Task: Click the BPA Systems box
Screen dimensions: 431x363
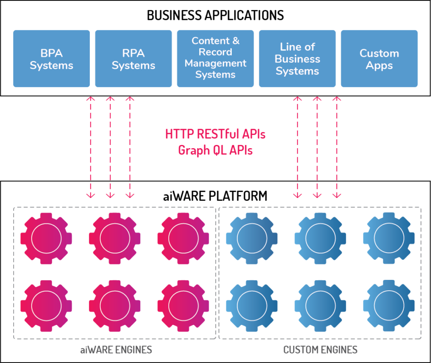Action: (51, 59)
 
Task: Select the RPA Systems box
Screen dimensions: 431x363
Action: (133, 59)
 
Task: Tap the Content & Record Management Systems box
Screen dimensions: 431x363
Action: (215, 59)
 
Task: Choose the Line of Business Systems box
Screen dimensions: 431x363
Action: (297, 59)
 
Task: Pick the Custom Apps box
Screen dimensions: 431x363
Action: (379, 59)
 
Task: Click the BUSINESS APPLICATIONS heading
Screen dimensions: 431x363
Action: (215, 15)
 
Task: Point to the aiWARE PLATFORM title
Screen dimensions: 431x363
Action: (215, 196)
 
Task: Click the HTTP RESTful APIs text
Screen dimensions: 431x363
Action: (215, 134)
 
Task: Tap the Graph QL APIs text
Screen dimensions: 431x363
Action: (215, 150)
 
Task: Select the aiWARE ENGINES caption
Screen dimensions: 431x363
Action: (116, 350)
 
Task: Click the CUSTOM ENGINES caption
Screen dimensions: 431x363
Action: (320, 350)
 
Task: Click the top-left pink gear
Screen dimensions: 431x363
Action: (46, 239)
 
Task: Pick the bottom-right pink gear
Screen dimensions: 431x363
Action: (183, 306)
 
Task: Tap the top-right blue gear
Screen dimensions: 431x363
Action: (389, 239)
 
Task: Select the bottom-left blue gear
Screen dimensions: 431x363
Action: (252, 306)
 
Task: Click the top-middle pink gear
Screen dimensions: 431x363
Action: (115, 239)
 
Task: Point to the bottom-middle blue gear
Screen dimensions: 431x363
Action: (320, 306)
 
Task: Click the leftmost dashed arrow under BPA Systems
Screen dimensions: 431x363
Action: (90, 147)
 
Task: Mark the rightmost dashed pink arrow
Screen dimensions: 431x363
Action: (337, 147)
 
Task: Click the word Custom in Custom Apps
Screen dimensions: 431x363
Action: (379, 53)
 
